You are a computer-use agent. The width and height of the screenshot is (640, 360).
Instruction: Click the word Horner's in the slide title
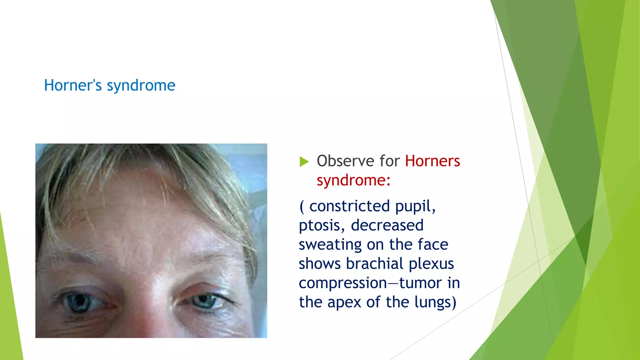[x=72, y=85]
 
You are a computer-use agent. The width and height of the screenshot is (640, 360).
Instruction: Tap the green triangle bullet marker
[x=304, y=162]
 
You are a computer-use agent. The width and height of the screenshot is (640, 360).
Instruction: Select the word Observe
[x=345, y=161]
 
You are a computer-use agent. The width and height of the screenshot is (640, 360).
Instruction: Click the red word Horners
[x=432, y=161]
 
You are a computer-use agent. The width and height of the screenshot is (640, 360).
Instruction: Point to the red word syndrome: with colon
[x=353, y=181]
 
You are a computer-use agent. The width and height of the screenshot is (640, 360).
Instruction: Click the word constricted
[x=349, y=206]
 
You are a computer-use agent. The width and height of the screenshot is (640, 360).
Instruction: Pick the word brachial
[x=374, y=263]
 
